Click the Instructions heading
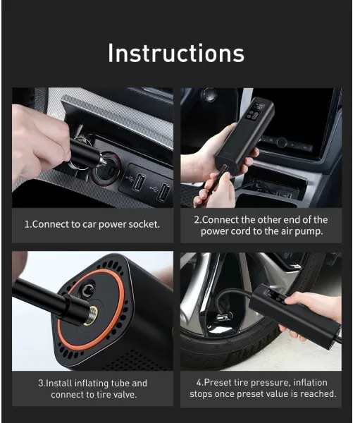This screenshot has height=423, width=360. pyautogui.click(x=176, y=53)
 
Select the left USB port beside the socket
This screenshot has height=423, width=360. pyautogui.click(x=139, y=182)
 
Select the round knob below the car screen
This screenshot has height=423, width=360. pyautogui.click(x=281, y=142)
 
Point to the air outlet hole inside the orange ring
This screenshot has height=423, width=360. pyautogui.click(x=88, y=290)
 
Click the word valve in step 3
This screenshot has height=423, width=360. pyautogui.click(x=126, y=395)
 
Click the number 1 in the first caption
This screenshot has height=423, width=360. pyautogui.click(x=27, y=224)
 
